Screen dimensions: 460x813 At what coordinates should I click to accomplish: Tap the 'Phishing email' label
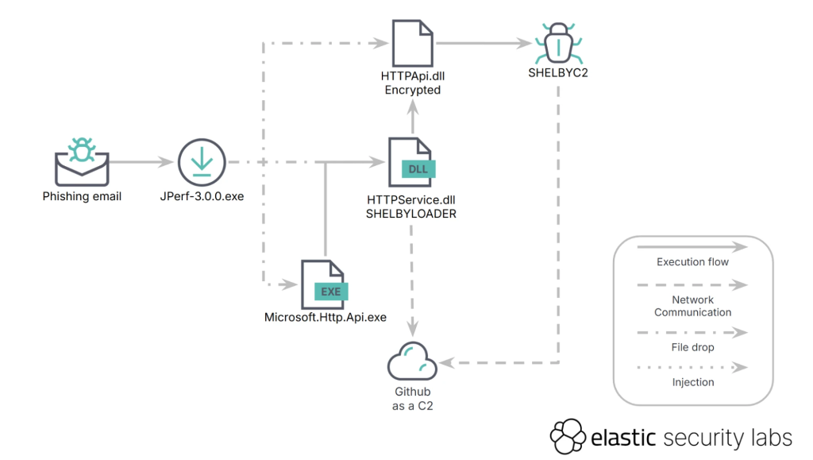point(82,196)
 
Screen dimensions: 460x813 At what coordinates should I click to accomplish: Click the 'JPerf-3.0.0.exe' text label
point(202,196)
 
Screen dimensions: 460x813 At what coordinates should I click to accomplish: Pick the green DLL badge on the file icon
point(418,169)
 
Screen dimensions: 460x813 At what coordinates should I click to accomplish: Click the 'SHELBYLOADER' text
point(410,214)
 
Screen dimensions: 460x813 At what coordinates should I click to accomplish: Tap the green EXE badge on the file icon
point(330,292)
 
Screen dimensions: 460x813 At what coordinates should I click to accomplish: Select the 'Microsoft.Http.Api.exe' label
point(325,318)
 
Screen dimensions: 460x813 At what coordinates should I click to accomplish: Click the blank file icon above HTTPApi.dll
point(412,44)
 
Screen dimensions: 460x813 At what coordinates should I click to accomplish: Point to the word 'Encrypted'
point(412,90)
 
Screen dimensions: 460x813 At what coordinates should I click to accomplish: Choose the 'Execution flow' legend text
point(692,262)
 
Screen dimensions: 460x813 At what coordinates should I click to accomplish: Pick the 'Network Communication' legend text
point(692,306)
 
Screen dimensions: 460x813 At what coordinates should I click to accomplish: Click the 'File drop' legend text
point(692,347)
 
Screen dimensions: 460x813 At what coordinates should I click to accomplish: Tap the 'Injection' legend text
point(692,382)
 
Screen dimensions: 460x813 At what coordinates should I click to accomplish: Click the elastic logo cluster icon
point(568,436)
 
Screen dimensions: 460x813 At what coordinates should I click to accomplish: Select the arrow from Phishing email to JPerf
point(141,162)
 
